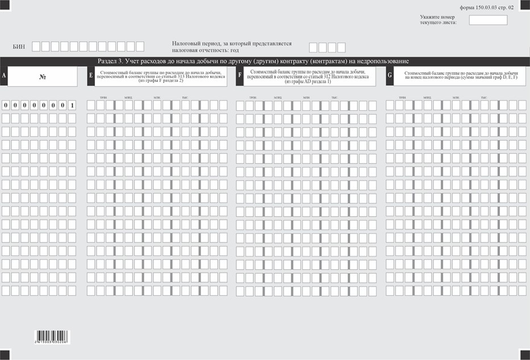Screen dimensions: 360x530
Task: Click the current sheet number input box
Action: [488, 20]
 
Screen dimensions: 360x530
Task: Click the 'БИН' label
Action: [18, 47]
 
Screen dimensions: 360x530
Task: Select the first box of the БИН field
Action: [36, 47]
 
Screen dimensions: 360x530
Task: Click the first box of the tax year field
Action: [313, 47]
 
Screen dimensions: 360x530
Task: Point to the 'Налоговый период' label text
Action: [232, 47]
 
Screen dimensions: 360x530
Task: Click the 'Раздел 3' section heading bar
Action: [253, 61]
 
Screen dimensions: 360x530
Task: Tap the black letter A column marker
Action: [4, 76]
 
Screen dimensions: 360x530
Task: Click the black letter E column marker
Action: [91, 76]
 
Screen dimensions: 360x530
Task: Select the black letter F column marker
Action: [240, 76]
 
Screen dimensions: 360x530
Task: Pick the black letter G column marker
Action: [390, 76]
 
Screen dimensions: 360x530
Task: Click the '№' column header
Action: [42, 76]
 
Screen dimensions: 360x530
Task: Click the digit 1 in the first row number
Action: [72, 105]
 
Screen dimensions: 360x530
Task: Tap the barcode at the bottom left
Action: [48, 336]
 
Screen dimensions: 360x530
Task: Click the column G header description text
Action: [460, 76]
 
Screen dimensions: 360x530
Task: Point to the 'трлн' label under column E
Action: [103, 97]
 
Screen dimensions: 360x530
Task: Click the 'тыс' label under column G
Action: [483, 97]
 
